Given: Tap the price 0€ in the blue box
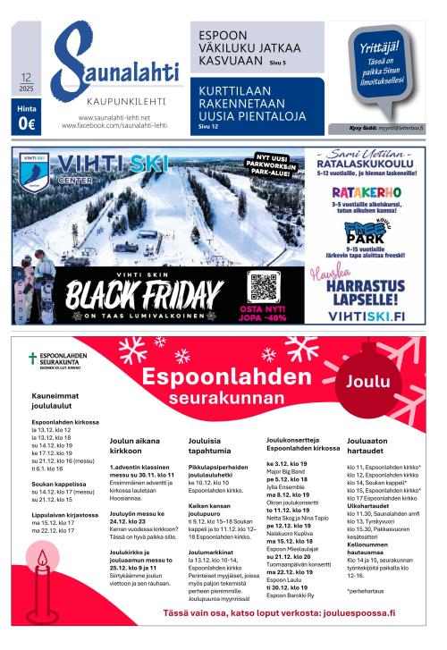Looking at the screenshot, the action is pos(26,124).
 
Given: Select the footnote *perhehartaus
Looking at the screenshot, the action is pos(367,565).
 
